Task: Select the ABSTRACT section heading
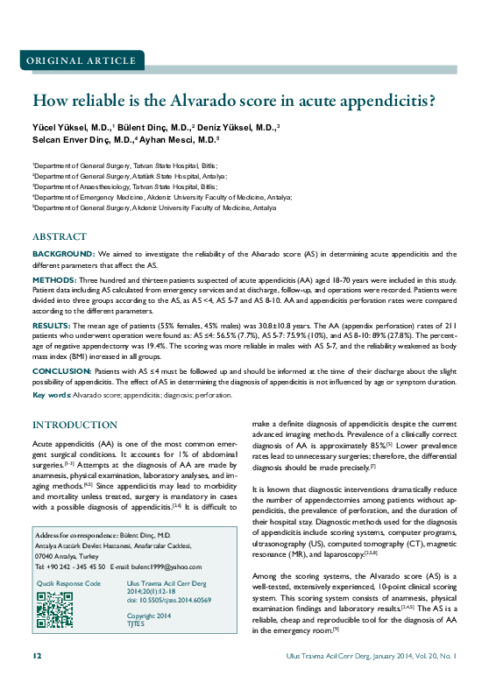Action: click(x=60, y=237)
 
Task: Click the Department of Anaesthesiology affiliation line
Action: click(x=125, y=187)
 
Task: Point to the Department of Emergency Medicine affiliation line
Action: click(x=163, y=197)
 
